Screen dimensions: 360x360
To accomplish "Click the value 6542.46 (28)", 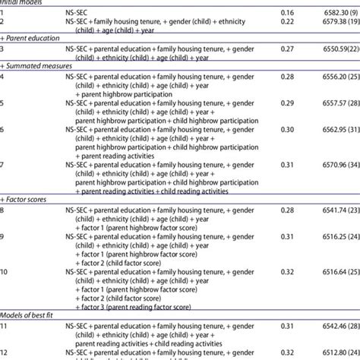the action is coord(330,325).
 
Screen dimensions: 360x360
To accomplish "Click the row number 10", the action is coord(7,271).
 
